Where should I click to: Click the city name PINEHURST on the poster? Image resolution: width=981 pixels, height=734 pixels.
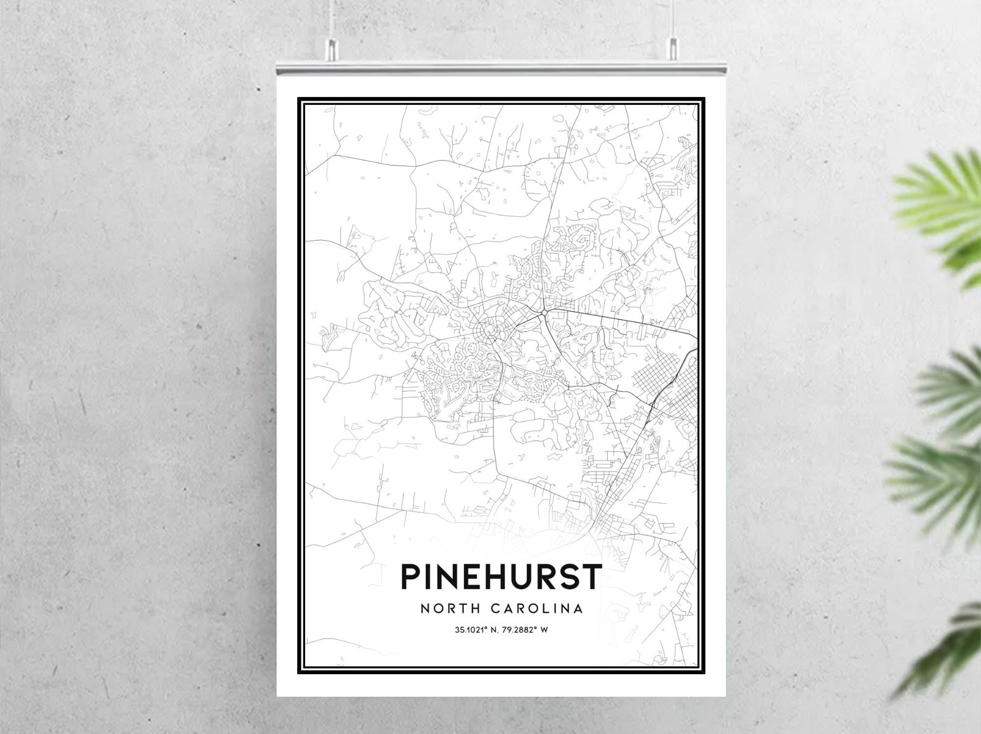click(x=500, y=577)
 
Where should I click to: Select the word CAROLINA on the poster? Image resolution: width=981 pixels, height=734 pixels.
click(x=537, y=608)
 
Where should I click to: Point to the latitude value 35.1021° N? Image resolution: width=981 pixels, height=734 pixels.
click(x=476, y=630)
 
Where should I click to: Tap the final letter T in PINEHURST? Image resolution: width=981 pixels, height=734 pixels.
click(x=591, y=577)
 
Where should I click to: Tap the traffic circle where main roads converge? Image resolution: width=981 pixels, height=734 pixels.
click(x=542, y=314)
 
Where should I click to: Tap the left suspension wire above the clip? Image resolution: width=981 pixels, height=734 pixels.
click(x=332, y=19)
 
